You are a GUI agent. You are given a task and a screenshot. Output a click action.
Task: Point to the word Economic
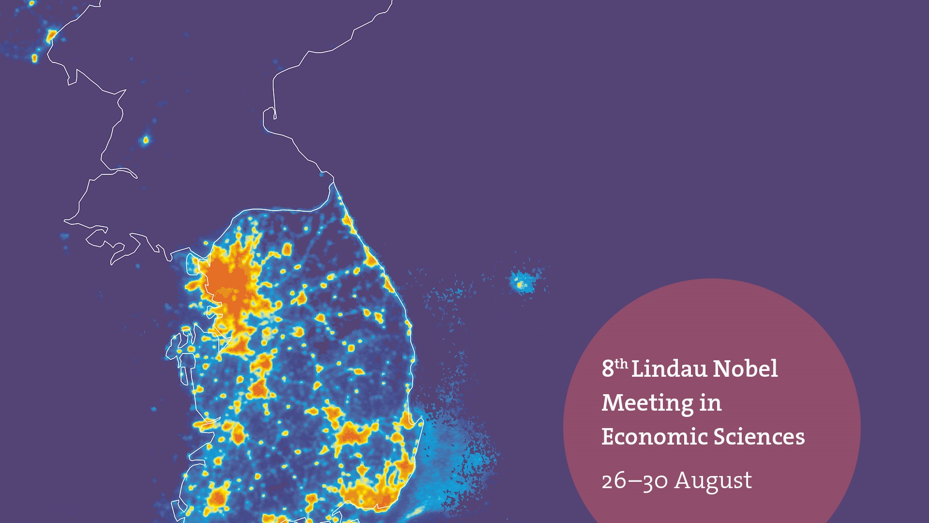654,437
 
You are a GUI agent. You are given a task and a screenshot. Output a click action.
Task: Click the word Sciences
759,437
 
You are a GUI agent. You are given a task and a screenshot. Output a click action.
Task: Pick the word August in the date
713,481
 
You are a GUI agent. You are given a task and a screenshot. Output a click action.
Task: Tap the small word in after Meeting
710,403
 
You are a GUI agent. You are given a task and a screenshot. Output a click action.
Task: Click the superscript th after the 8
621,364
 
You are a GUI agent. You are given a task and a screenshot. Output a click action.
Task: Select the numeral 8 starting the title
607,369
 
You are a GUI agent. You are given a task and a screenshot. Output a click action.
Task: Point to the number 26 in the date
613,481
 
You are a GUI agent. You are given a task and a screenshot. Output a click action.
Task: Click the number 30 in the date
655,481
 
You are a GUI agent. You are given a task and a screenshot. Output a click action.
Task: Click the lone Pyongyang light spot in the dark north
146,140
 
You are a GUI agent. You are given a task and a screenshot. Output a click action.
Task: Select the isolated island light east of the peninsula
522,284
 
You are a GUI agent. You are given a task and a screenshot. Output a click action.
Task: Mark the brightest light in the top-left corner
51,35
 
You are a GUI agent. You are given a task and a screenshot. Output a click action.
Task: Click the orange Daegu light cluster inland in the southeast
352,434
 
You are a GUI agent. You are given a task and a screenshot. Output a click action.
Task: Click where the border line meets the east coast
333,183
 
